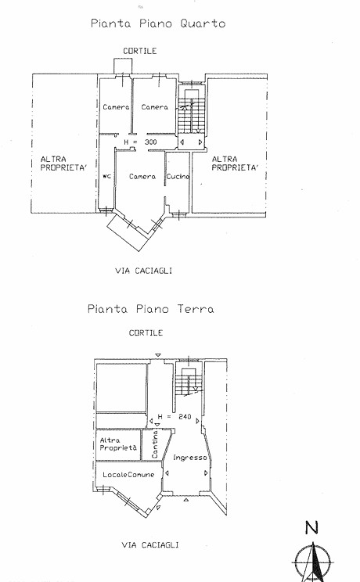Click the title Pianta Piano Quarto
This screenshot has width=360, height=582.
(158, 23)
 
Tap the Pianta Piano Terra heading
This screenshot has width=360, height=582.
(151, 309)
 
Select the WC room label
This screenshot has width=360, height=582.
(107, 176)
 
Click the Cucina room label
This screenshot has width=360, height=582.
(178, 177)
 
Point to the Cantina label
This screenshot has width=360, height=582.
(155, 444)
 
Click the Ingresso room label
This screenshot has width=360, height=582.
(190, 458)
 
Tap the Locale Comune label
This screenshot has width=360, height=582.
(128, 474)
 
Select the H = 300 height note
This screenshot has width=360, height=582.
(140, 142)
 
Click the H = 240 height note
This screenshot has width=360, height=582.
(175, 417)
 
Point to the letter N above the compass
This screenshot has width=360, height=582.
(312, 527)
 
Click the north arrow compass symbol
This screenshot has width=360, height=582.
(313, 562)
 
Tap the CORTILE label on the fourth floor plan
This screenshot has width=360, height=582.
(140, 51)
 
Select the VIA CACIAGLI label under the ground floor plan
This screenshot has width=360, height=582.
(150, 545)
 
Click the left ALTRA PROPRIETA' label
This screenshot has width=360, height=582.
(63, 163)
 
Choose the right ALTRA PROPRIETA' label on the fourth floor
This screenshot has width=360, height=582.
(235, 163)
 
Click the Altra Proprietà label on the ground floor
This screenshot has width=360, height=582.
(118, 444)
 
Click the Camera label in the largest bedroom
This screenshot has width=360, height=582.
(142, 177)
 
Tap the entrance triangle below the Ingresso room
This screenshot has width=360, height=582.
(186, 500)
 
